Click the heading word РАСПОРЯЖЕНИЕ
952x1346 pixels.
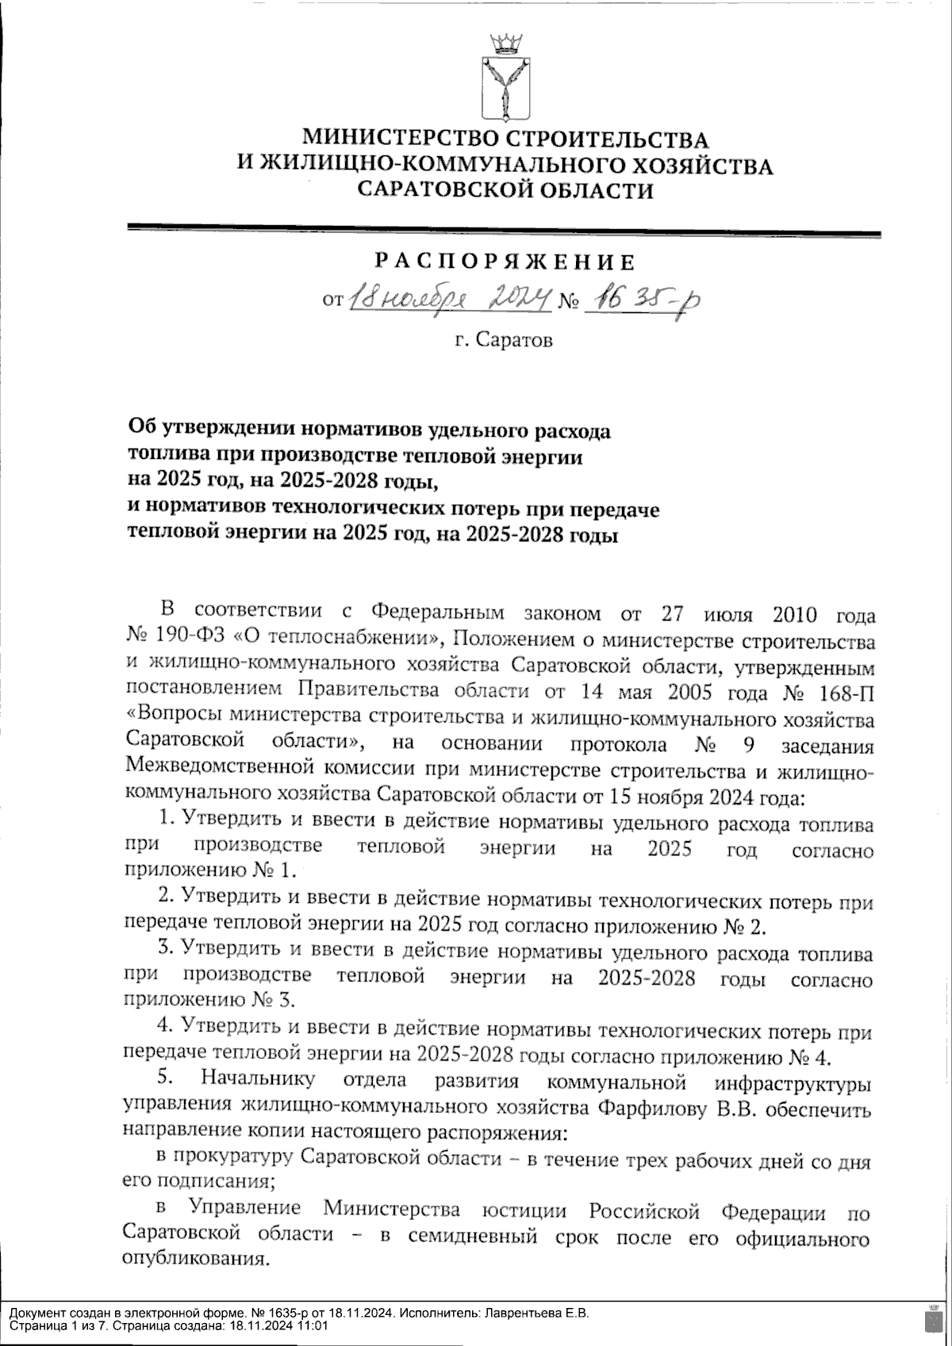(505, 262)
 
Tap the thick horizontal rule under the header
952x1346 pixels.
(505, 233)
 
